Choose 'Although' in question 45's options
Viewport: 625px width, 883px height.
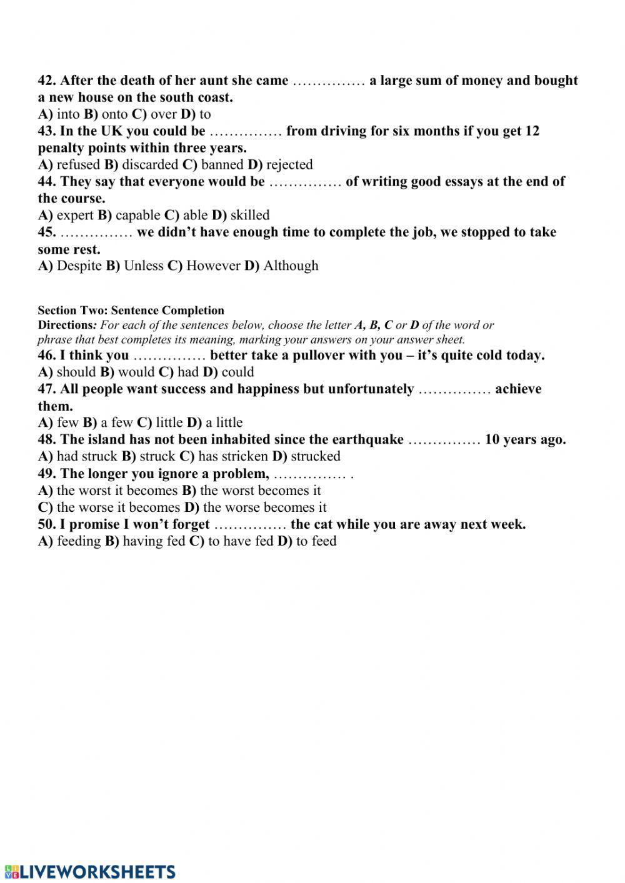(291, 266)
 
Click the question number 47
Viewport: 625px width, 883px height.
(47, 389)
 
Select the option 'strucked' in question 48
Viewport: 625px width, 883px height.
(316, 456)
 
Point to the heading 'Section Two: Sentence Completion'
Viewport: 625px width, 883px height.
(131, 311)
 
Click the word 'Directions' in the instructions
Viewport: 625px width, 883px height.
(65, 325)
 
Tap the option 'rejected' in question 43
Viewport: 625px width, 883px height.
(289, 164)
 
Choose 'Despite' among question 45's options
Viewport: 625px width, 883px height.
(79, 266)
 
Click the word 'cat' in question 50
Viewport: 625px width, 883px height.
(324, 524)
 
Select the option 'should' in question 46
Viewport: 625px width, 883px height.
(76, 372)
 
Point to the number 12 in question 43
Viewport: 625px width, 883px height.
(532, 131)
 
